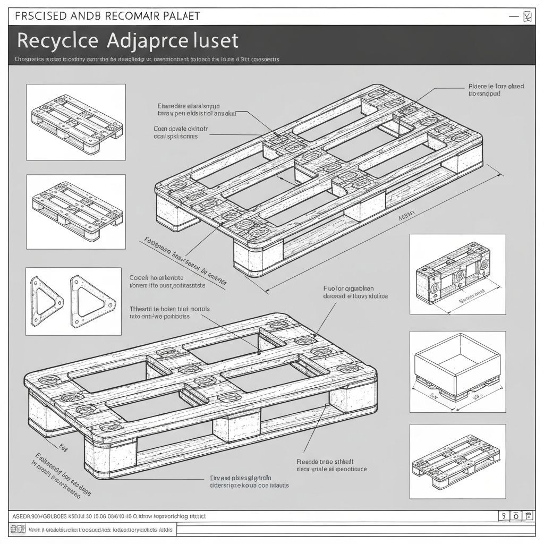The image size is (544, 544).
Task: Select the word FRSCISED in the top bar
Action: (41, 15)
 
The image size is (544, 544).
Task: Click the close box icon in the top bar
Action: (526, 16)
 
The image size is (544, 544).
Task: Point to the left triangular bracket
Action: (45, 301)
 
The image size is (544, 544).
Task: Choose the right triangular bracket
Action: (92, 301)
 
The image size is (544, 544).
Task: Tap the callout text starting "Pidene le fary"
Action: (496, 89)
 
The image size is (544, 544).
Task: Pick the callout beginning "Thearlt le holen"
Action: (169, 312)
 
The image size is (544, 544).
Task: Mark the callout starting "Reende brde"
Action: (331, 465)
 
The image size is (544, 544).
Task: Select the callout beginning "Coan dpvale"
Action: (181, 132)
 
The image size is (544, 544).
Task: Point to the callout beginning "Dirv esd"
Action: (250, 481)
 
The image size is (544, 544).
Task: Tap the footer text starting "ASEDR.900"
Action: (107, 516)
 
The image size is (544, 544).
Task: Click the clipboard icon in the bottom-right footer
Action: (529, 516)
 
